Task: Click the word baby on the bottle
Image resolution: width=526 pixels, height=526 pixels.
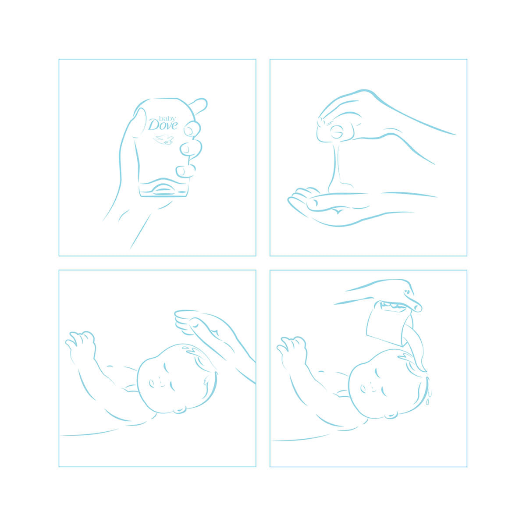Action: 167,118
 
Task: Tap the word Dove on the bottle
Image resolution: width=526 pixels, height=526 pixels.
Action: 163,125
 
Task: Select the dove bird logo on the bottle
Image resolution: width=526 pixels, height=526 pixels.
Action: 163,139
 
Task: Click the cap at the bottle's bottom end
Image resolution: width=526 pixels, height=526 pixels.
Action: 163,188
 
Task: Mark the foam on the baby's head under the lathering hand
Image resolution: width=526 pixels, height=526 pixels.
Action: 192,352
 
